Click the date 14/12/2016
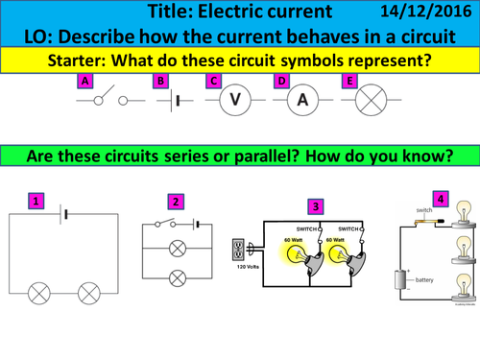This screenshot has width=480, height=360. pyautogui.click(x=428, y=12)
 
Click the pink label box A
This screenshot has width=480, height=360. pyautogui.click(x=85, y=82)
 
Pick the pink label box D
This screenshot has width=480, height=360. pyautogui.click(x=281, y=82)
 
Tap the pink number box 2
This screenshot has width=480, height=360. pyautogui.click(x=175, y=201)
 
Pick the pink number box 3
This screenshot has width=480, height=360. pyautogui.click(x=316, y=205)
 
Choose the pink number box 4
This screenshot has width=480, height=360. pyautogui.click(x=440, y=199)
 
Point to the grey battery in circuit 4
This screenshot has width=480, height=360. pyautogui.click(x=399, y=255)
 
